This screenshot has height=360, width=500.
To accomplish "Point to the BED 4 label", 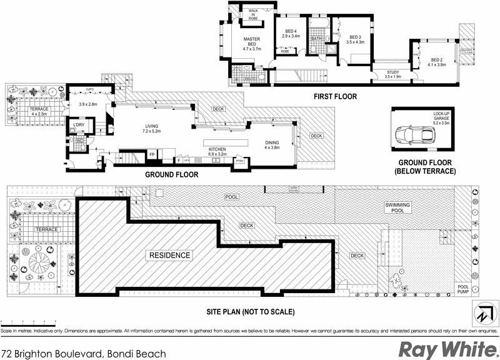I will click(291, 34).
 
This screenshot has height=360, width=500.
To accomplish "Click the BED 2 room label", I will click(437, 62).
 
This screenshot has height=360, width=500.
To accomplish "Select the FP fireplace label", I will click(152, 154).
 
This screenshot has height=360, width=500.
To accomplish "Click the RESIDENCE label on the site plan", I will click(169, 256).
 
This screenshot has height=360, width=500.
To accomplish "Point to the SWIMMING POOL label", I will click(397, 207).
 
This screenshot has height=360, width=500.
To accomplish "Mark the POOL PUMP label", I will click(463, 289).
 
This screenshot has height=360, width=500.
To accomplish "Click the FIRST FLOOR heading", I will click(334, 97).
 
